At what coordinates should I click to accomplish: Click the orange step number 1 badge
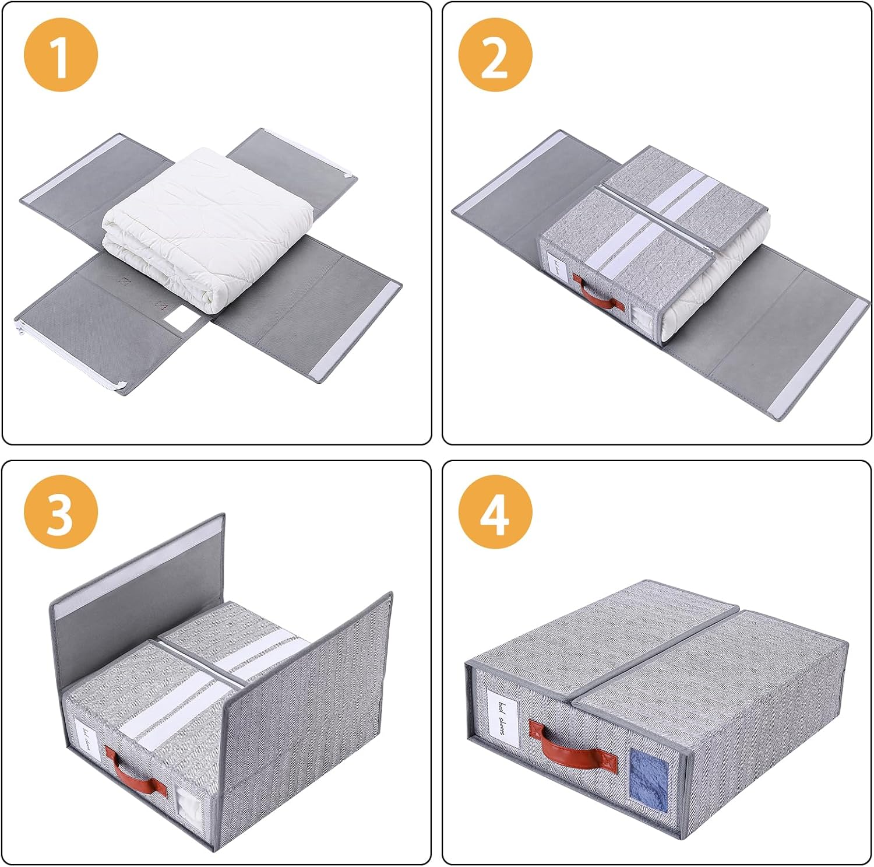61,56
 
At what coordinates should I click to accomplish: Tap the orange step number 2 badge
495,56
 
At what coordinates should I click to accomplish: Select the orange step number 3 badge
61,512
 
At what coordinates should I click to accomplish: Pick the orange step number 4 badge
495,512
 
